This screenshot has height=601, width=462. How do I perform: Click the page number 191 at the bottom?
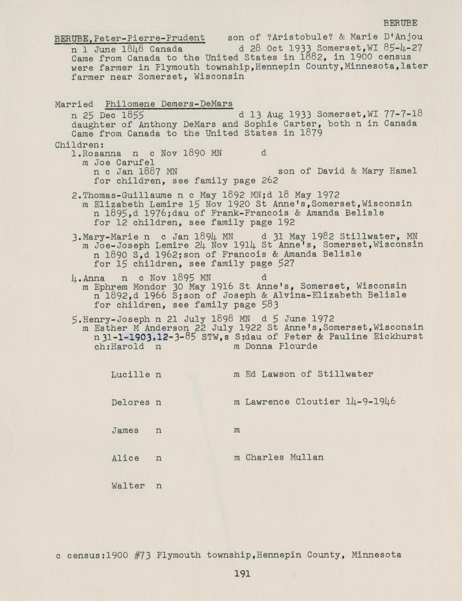[242, 574]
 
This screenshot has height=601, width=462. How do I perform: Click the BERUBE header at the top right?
[400, 23]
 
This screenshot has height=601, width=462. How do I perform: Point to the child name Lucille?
[130, 375]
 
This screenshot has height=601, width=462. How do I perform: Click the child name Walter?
[128, 486]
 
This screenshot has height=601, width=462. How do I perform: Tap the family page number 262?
[270, 181]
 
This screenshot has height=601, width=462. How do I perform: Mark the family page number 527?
[286, 263]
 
